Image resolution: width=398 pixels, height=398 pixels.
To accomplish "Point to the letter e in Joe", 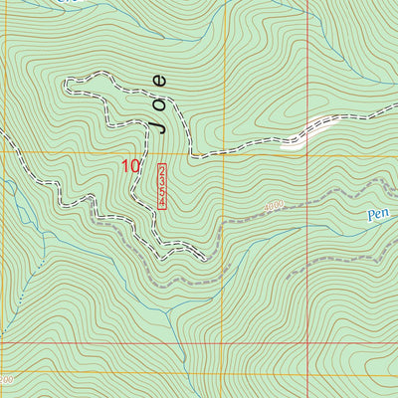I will pos(160,80).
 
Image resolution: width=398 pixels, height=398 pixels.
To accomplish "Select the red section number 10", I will pos(130,166).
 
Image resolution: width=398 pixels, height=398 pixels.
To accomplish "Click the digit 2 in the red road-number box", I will pos(161,170).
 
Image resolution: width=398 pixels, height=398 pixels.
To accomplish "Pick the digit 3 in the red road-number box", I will pos(161,181).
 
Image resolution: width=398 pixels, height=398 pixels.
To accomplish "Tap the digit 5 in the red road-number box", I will pos(161,192).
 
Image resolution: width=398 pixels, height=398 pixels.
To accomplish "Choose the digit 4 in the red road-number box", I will pos(161,203).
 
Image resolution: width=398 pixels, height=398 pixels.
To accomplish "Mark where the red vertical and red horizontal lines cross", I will pos(307,342).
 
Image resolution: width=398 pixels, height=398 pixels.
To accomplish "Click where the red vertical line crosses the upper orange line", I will pos(307,153).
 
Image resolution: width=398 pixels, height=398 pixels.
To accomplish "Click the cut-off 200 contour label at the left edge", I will pos(7,380).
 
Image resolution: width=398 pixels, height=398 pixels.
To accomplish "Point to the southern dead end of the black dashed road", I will pos(206,260).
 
